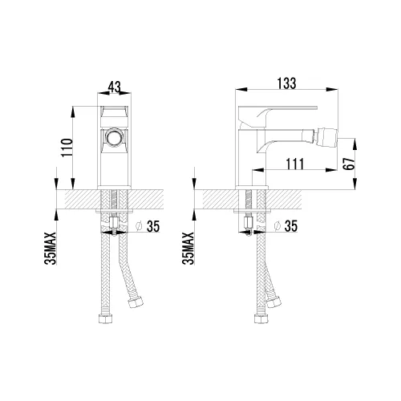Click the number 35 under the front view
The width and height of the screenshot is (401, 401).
point(152,227)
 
